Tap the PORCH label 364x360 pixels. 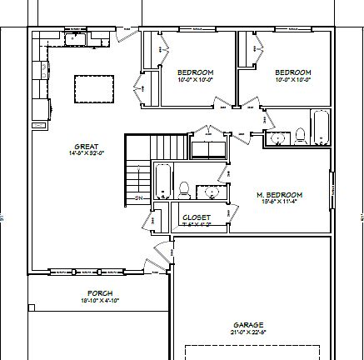tap(101, 293)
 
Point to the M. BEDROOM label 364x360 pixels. tap(279, 195)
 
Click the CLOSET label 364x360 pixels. tap(197, 217)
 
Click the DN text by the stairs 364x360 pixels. tap(138, 197)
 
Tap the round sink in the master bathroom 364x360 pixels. tap(213, 191)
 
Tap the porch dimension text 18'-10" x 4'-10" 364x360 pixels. tap(101, 301)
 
